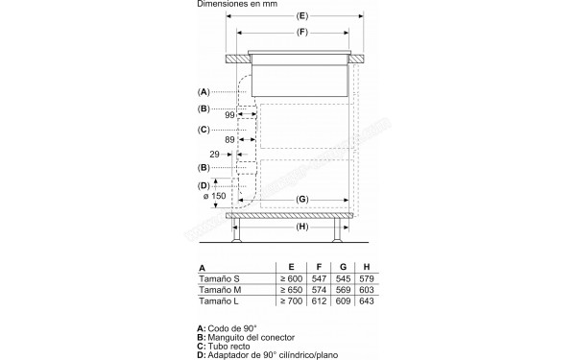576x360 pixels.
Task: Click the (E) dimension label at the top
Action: (302, 16)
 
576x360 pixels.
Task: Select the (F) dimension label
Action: (302, 35)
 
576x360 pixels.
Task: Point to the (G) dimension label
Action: (301, 199)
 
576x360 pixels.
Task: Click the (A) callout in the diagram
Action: (204, 91)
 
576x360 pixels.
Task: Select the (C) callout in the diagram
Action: (204, 129)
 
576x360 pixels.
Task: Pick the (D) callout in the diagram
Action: (204, 184)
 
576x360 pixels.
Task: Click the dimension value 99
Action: (230, 115)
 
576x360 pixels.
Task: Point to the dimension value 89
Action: (230, 140)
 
